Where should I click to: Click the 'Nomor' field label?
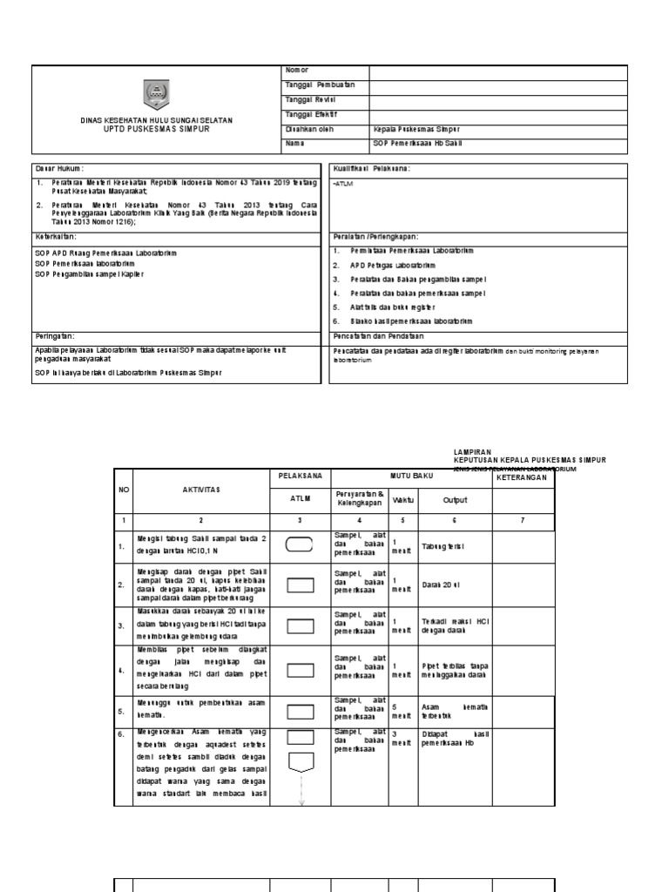click(297, 71)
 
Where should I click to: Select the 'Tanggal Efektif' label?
click(305, 114)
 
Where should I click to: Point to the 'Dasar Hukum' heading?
click(60, 167)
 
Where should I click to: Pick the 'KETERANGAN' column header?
click(523, 478)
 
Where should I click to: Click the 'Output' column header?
click(455, 500)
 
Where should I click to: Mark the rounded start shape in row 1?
click(301, 545)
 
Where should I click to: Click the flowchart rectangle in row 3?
click(301, 625)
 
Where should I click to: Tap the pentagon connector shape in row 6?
click(301, 763)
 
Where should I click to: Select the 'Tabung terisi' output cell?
click(442, 546)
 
